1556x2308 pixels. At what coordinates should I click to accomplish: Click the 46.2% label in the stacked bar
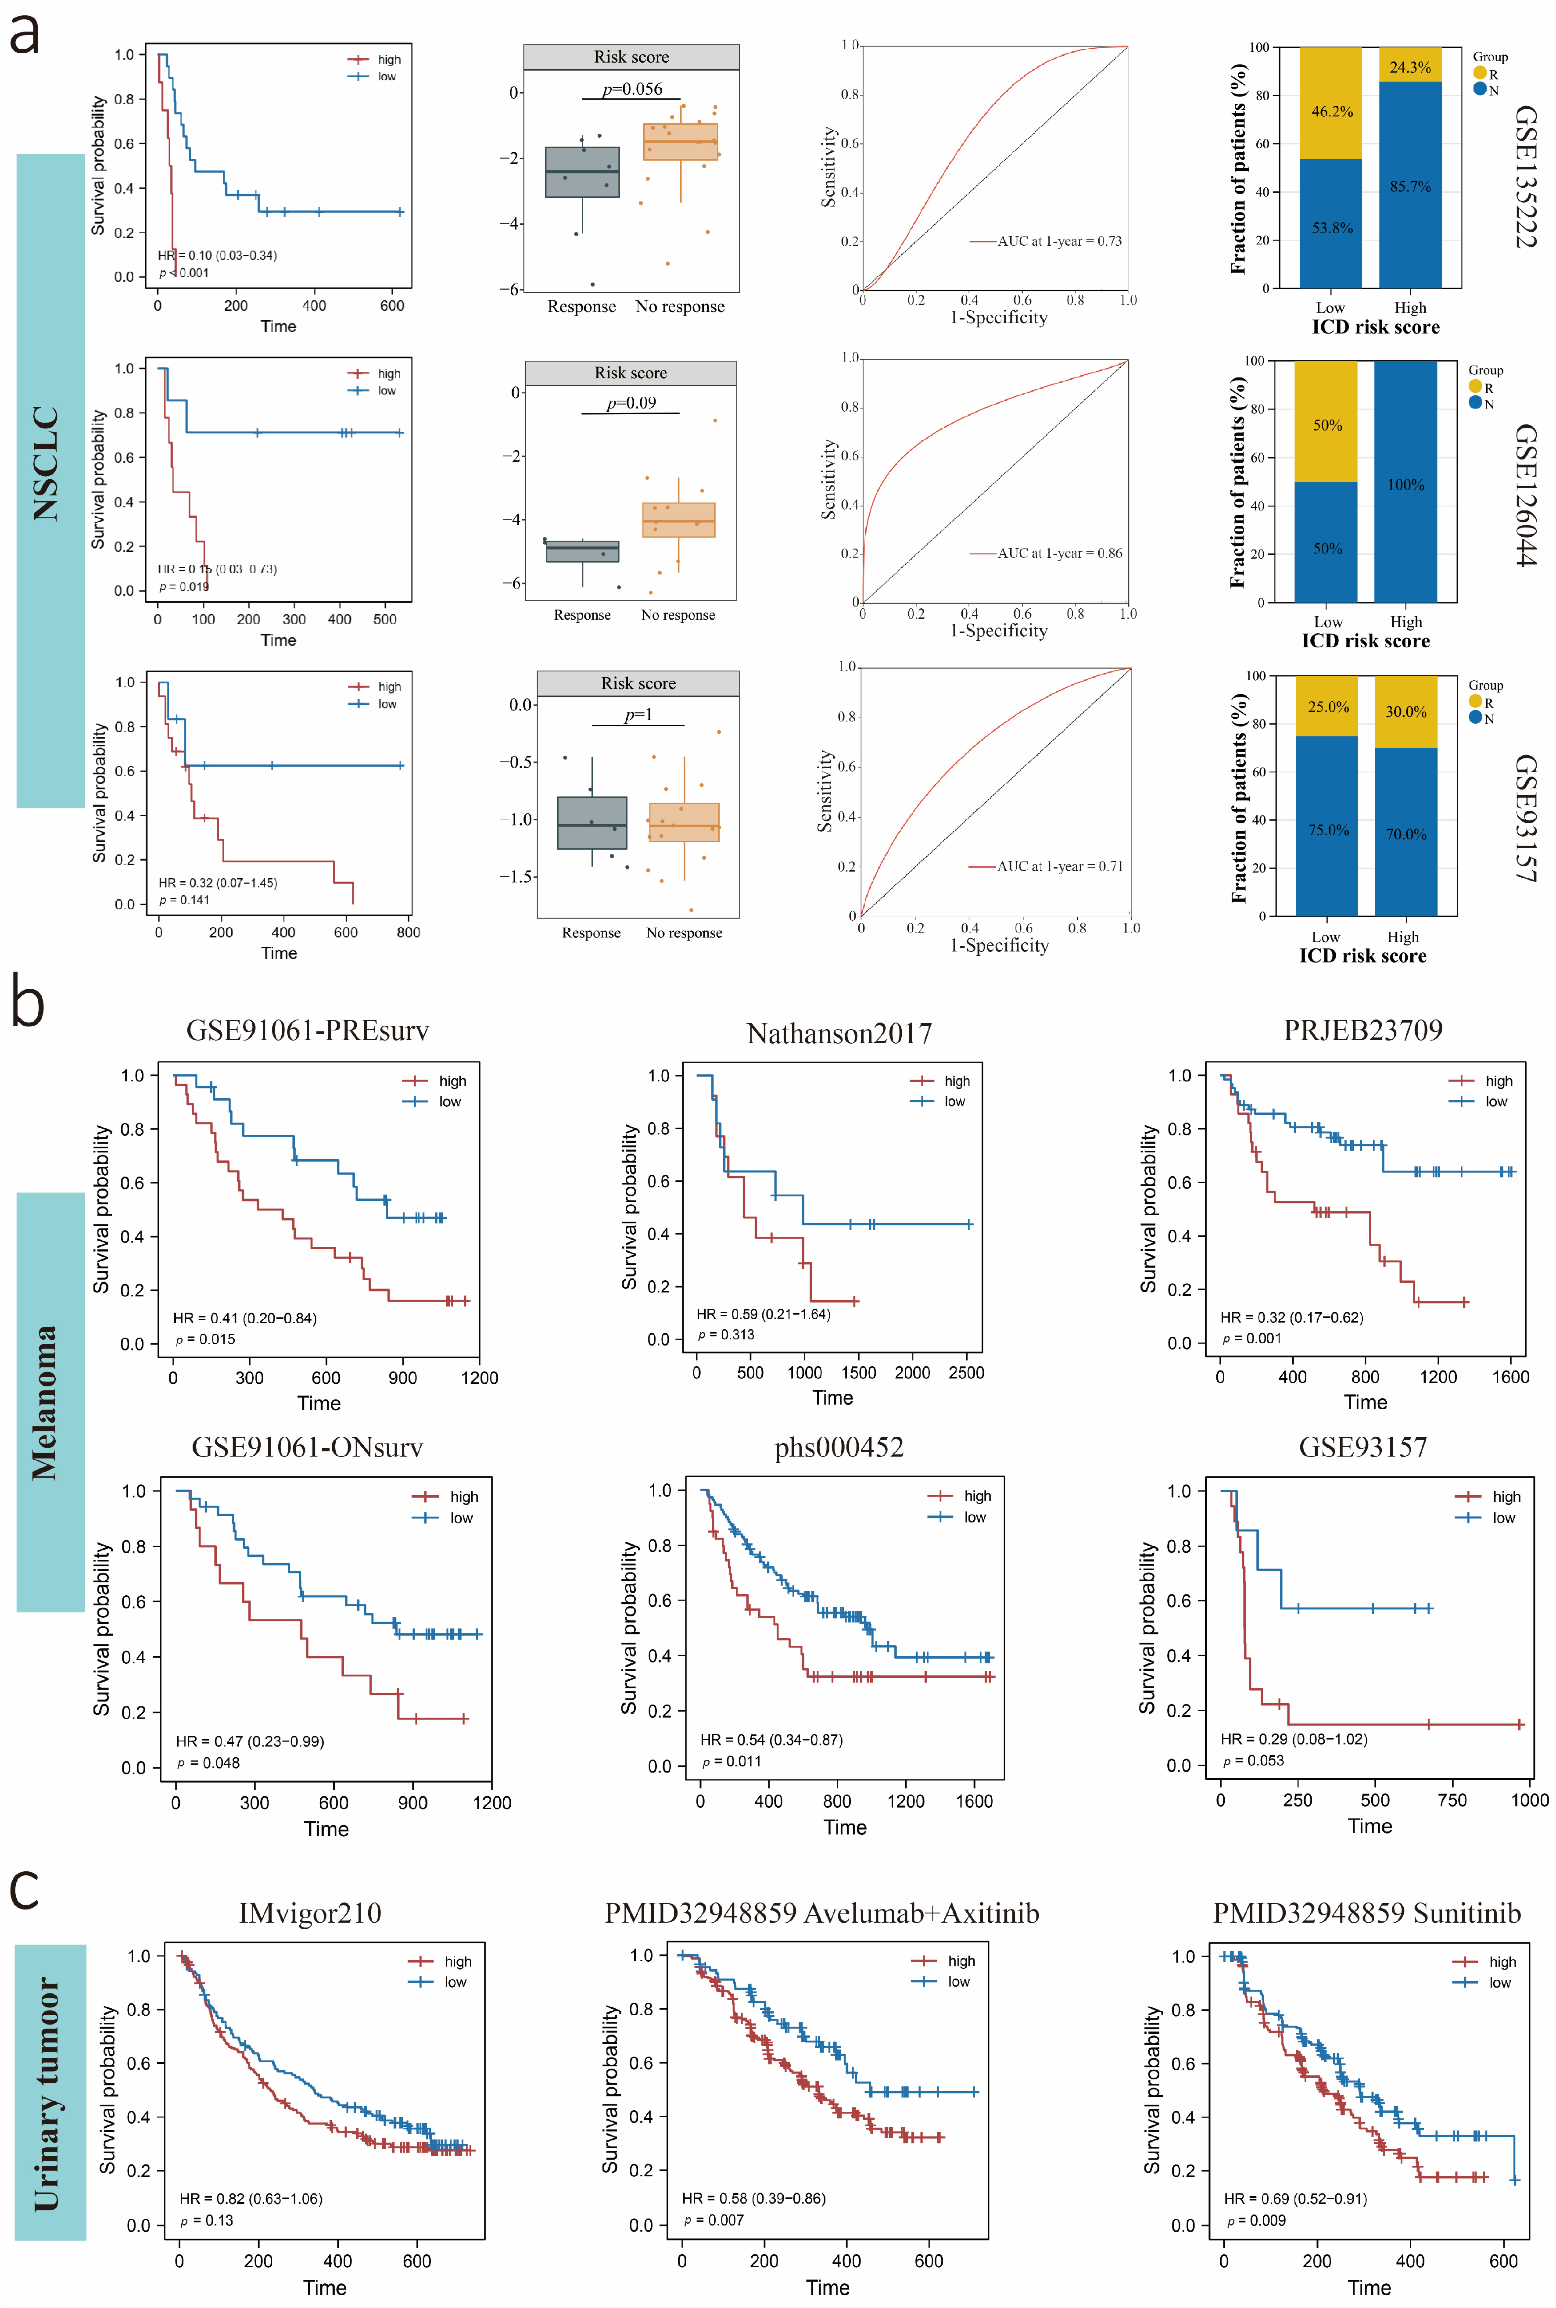tap(1332, 111)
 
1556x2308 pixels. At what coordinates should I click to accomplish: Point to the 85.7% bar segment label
tap(1410, 187)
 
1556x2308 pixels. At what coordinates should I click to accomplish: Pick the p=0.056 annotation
tap(632, 89)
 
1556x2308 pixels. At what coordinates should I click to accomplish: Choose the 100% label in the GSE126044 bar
tap(1406, 484)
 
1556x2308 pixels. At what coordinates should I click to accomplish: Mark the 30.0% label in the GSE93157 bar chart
tap(1406, 711)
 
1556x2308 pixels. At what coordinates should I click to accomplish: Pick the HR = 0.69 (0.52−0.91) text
tap(1295, 2199)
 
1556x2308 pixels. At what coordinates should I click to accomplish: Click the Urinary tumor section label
tap(48, 2094)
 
